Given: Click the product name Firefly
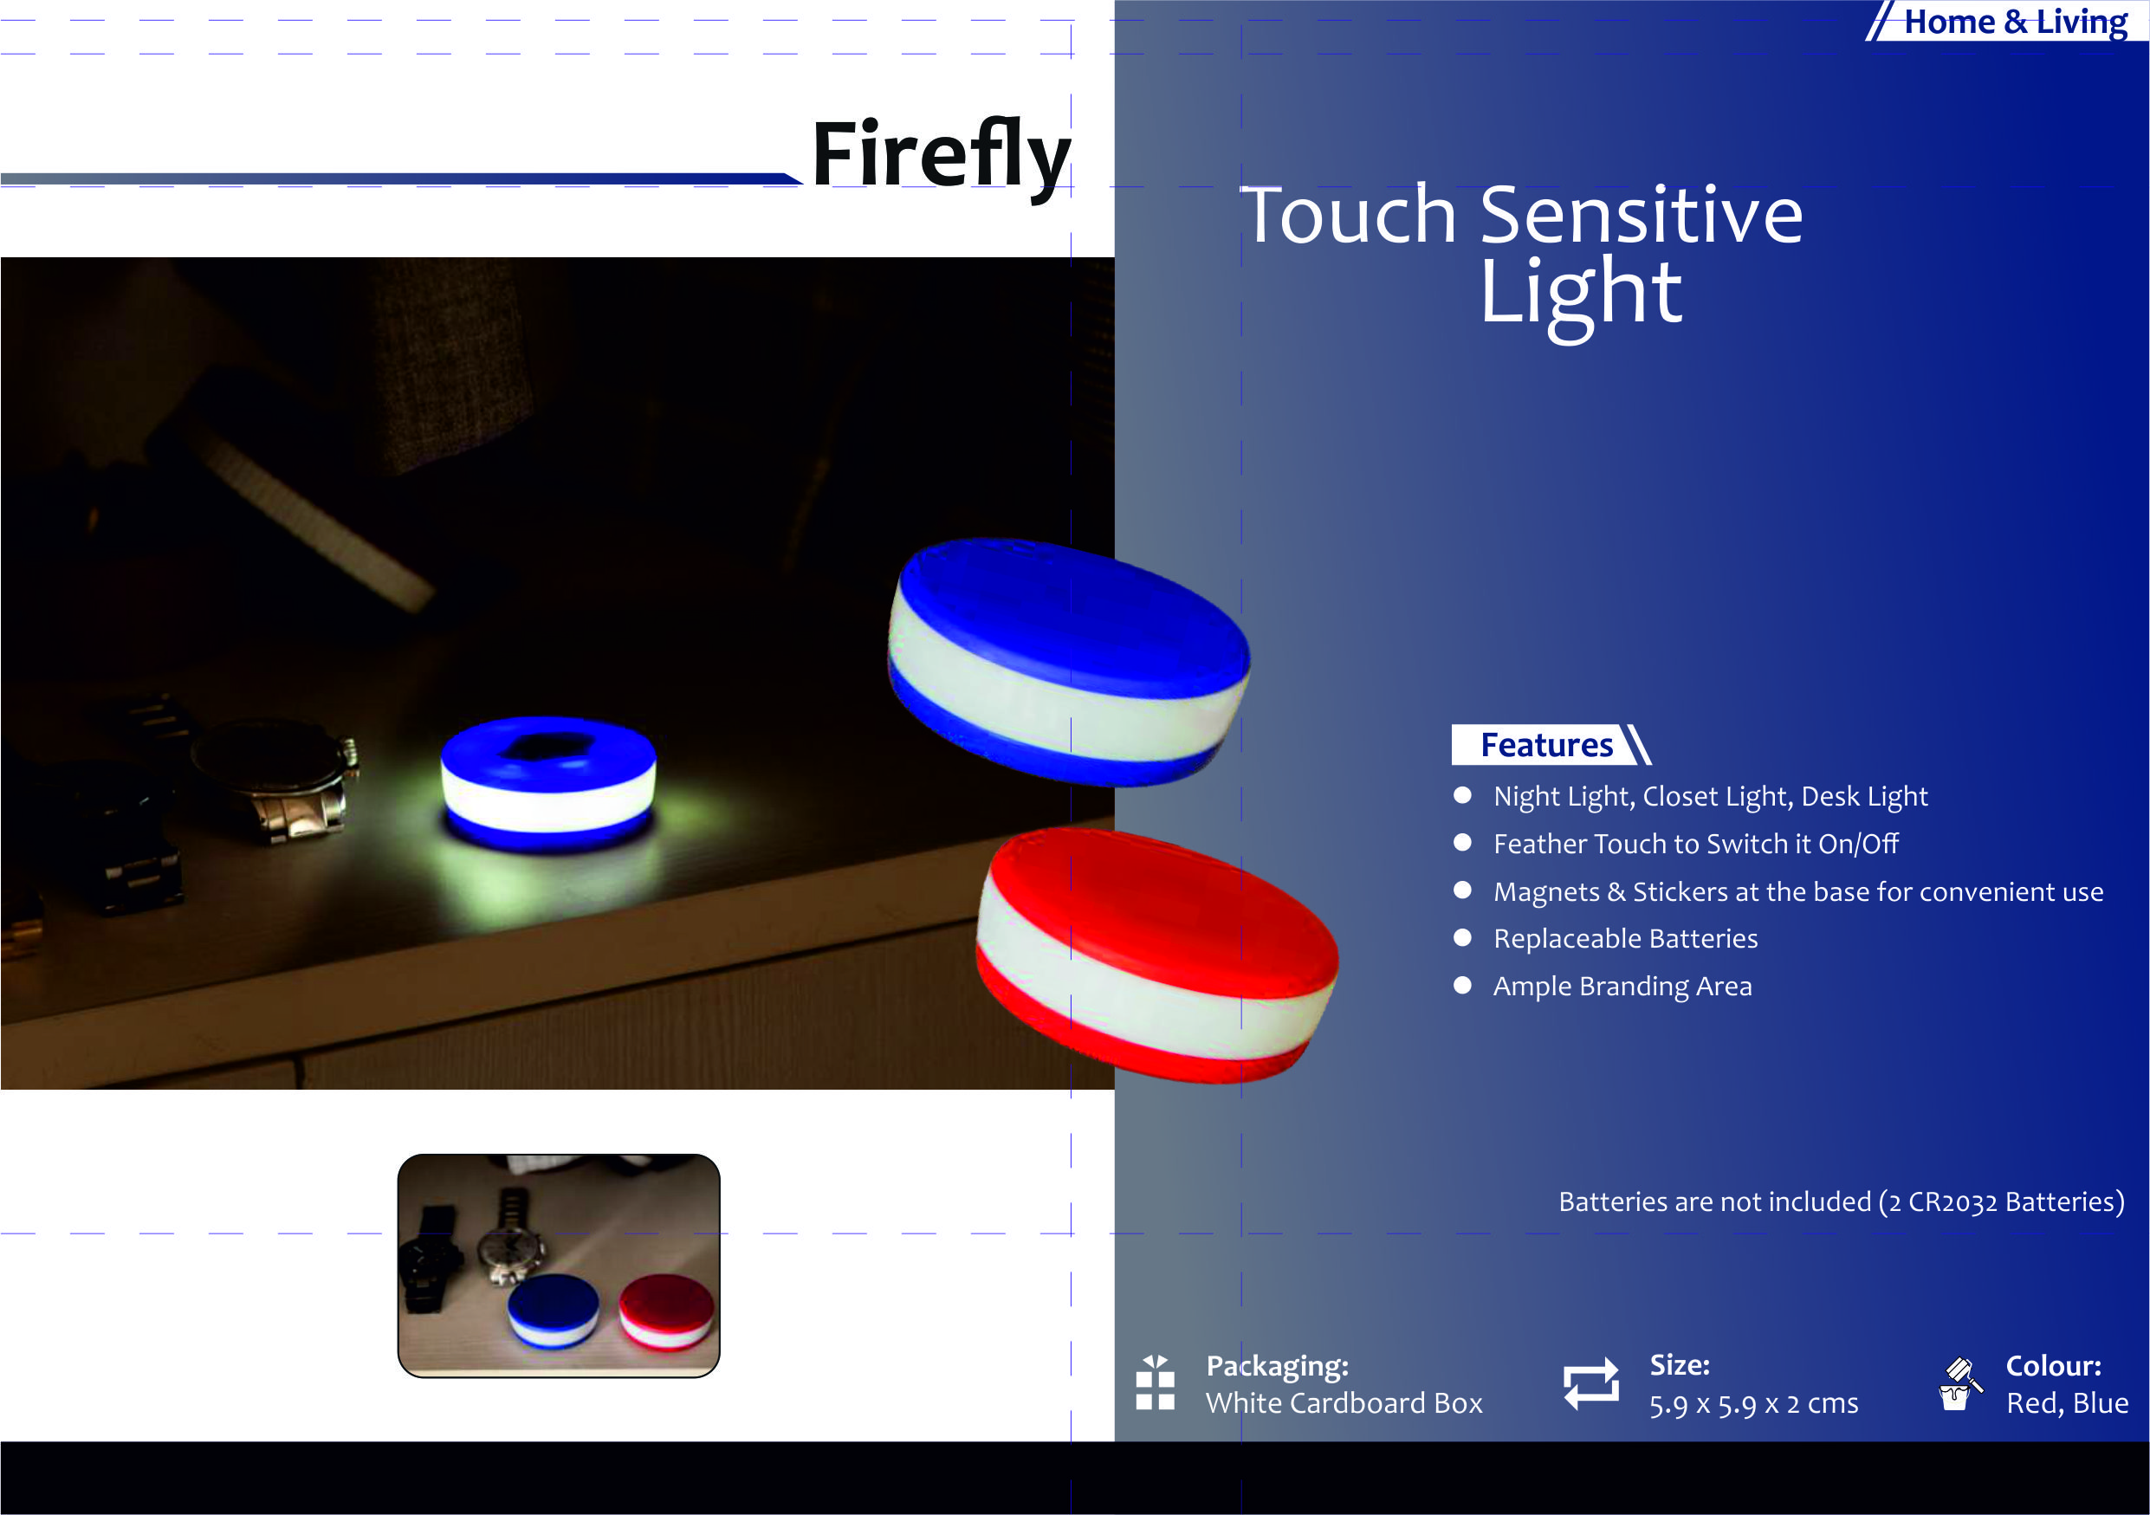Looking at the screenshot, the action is pos(941,157).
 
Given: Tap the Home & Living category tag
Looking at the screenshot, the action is pos(2015,22).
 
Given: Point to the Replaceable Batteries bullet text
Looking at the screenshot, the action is pos(1626,938).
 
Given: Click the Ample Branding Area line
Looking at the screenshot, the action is pos(1622,986).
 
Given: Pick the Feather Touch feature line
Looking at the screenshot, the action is pos(1696,844).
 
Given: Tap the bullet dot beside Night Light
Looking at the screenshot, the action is pos(1463,796).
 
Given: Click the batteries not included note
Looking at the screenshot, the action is pos(1841,1201).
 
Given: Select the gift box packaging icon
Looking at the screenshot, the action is pos(1156,1382).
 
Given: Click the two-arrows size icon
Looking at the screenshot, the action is pos(1591,1384).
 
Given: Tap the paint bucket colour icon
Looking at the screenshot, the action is pos(1958,1384).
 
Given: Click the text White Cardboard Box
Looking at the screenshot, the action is pos(1344,1402).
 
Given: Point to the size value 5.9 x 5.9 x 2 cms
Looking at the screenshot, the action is pos(1754,1403).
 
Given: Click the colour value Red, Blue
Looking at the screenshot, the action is pos(2067,1402).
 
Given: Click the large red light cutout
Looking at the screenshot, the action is pos(1157,955).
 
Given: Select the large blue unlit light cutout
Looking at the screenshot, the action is pos(1068,662).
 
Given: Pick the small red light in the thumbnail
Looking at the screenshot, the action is pos(666,1311).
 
